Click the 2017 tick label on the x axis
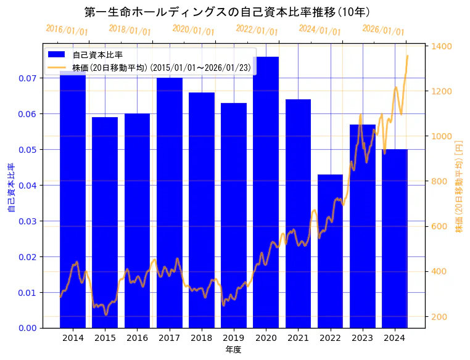point(170,338)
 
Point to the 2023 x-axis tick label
point(363,338)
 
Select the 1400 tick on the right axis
point(442,46)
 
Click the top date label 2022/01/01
point(257,30)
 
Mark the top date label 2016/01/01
point(67,30)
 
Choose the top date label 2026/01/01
point(384,30)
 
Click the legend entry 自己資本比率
point(97,55)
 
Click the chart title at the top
point(227,12)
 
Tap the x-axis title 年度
point(233,350)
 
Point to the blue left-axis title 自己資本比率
point(10,187)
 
